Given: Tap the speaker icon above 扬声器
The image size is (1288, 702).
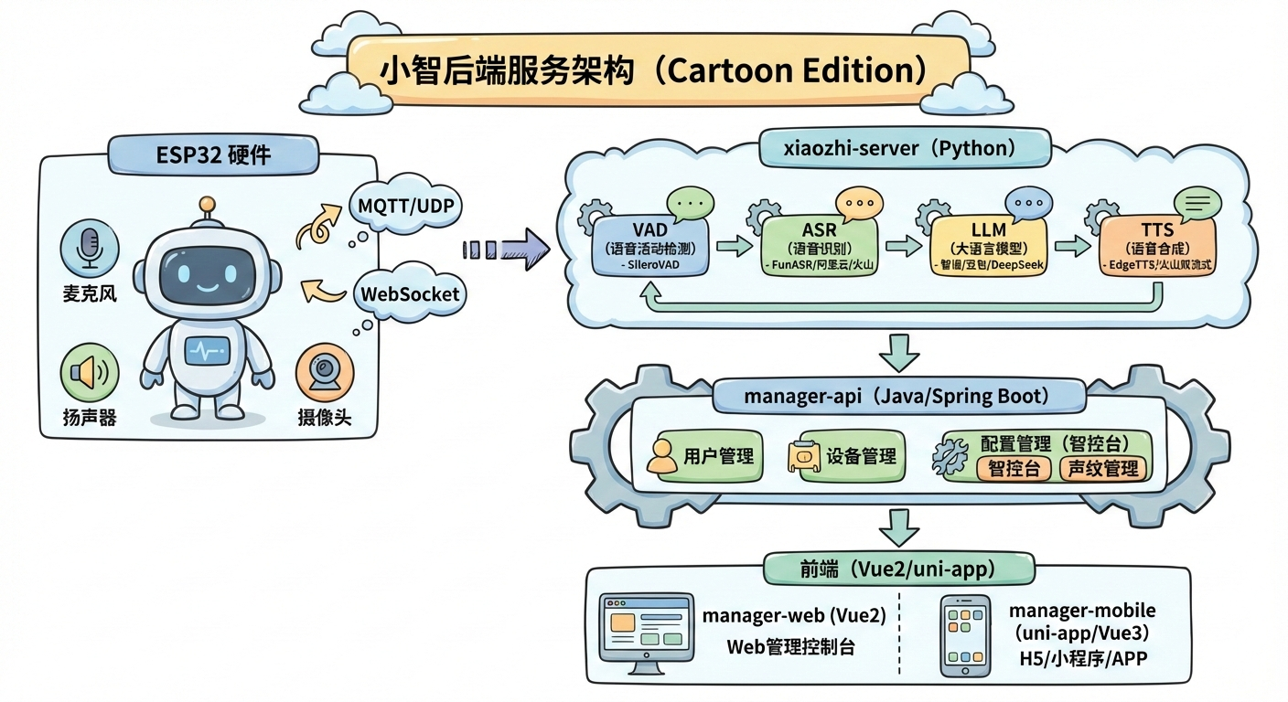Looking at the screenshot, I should coord(90,373).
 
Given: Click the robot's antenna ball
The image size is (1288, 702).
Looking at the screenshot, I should coord(208,203).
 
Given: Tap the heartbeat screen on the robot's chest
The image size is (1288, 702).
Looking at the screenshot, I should coord(208,350).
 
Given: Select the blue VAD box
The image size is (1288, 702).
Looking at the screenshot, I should coord(650,245).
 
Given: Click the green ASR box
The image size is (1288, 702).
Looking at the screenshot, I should coord(819,245).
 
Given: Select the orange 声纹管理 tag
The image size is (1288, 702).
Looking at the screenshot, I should coord(1102,469).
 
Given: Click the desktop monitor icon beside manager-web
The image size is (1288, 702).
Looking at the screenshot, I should coord(645,633).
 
